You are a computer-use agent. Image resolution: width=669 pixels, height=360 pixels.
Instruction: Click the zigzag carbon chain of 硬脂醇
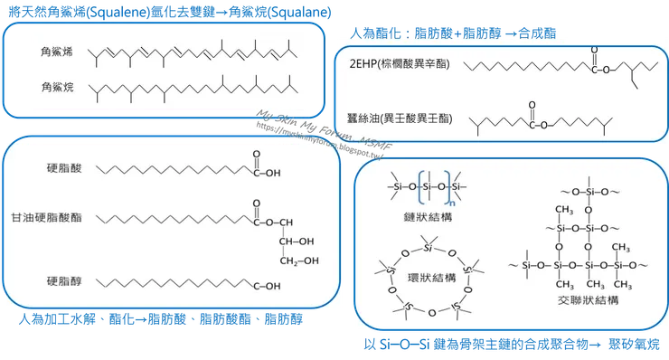tap(176, 285)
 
